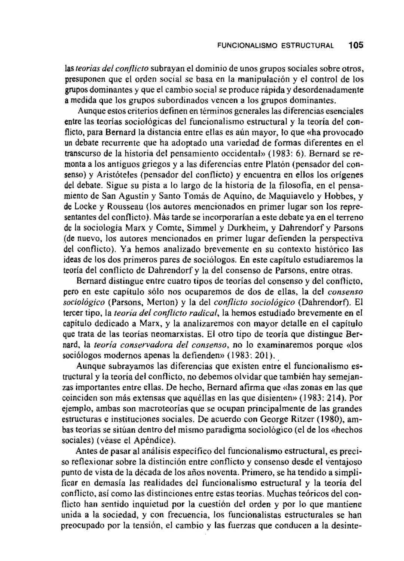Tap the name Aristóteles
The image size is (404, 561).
114,174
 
